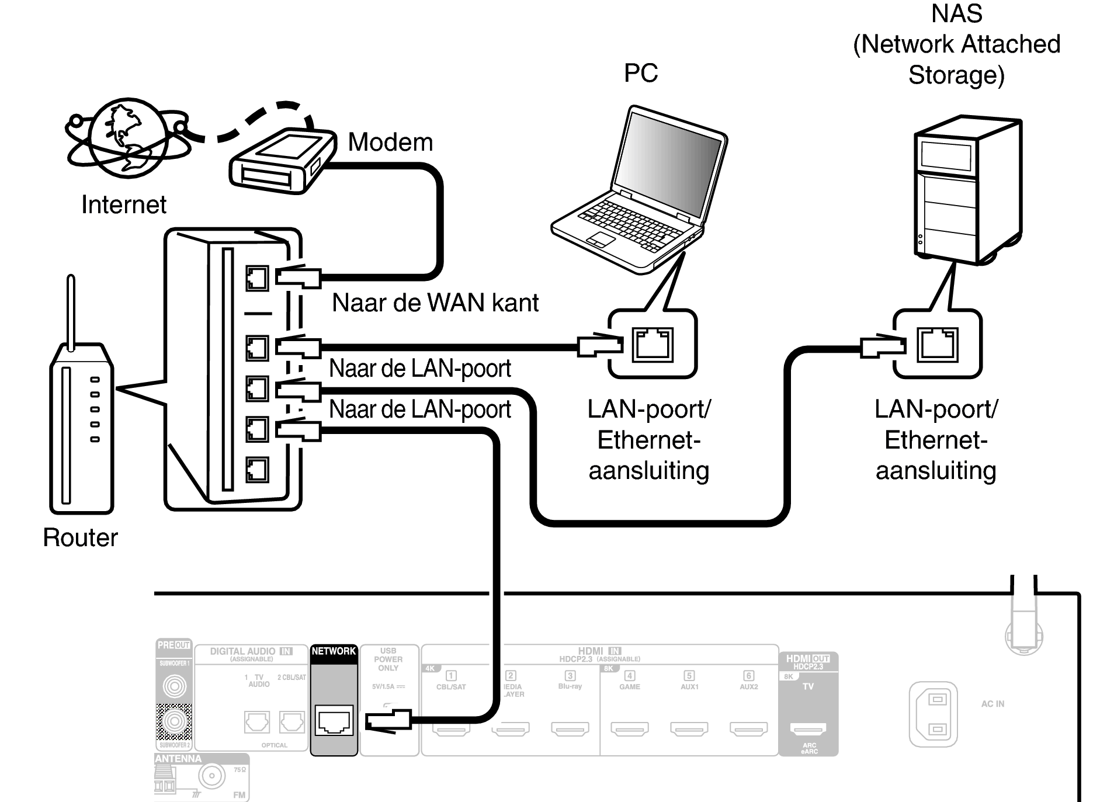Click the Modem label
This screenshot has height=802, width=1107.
[390, 143]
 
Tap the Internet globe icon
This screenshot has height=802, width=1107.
[126, 138]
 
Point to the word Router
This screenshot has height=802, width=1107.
[80, 537]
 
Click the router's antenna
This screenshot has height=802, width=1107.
[71, 313]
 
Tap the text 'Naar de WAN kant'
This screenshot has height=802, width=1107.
[435, 303]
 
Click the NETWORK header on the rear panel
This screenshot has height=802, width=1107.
[334, 651]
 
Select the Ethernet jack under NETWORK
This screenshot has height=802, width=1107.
[334, 720]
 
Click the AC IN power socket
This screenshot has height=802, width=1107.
[933, 714]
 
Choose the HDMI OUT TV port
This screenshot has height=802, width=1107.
[808, 728]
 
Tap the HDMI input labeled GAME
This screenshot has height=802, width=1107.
[630, 728]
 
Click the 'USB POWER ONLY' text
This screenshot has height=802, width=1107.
[388, 659]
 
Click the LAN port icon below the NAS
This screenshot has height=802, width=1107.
[937, 345]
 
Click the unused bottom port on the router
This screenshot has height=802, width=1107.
[257, 470]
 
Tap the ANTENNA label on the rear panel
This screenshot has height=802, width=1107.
[178, 759]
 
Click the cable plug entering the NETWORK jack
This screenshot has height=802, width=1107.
[388, 720]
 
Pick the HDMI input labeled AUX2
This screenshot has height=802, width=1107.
[748, 728]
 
